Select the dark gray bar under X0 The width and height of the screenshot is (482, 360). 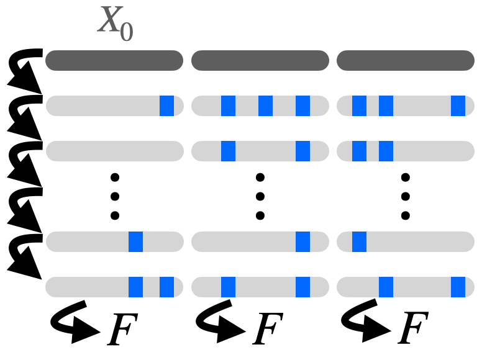[114, 61]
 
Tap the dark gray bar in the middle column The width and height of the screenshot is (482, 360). [260, 61]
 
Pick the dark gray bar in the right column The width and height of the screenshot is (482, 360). [406, 61]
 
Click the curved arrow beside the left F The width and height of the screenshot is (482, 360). [75, 325]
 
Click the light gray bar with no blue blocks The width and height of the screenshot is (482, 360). [114, 151]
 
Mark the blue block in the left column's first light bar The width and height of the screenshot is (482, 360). [166, 106]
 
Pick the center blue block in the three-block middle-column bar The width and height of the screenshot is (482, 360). [266, 106]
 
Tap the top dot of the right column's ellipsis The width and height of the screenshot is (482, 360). [406, 178]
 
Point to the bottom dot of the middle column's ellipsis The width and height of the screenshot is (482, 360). [260, 215]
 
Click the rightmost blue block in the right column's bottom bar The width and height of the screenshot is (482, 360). [458, 287]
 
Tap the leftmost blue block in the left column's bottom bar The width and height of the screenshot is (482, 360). [136, 287]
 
